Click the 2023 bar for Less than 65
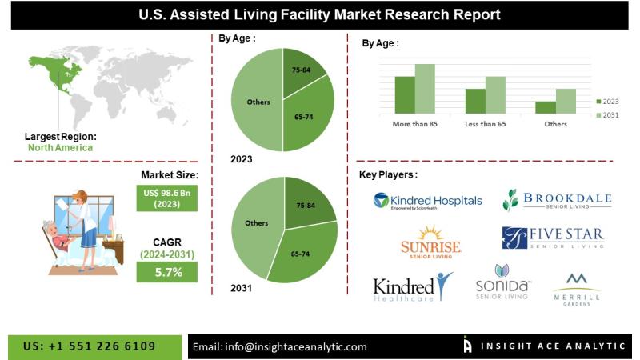point(475,101)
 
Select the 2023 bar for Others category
point(546,107)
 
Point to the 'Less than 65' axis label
point(485,124)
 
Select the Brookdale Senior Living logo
point(557,200)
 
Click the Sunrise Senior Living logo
point(431,242)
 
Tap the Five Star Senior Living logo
point(553,238)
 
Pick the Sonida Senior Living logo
point(502,283)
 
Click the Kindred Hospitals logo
point(427,200)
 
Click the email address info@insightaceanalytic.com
point(279,346)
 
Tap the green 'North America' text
point(60,147)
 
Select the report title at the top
point(320,14)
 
